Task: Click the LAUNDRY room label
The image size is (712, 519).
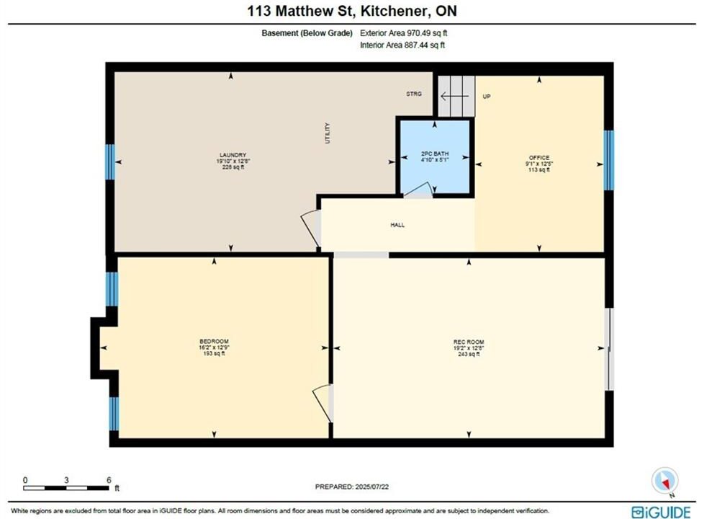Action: click(x=233, y=155)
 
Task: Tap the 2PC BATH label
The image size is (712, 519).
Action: click(x=435, y=154)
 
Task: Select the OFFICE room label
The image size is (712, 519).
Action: click(x=539, y=158)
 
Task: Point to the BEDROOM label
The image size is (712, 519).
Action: click(x=214, y=341)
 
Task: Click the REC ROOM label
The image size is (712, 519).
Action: click(x=469, y=342)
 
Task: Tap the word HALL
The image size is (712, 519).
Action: click(x=397, y=225)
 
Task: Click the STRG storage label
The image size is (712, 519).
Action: click(x=414, y=94)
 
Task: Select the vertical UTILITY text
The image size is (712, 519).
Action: click(x=328, y=133)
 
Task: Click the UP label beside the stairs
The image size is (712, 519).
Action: click(x=487, y=97)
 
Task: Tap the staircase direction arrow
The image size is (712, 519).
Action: click(x=454, y=96)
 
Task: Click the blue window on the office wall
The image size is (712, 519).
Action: click(x=608, y=160)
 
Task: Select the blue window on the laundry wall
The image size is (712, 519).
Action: click(x=110, y=161)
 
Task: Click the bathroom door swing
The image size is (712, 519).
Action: click(x=418, y=190)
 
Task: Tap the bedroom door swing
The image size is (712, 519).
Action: click(x=323, y=403)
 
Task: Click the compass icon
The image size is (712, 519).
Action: click(x=665, y=482)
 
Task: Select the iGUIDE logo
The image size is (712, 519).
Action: click(x=661, y=513)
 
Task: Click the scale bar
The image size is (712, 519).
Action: click(x=66, y=488)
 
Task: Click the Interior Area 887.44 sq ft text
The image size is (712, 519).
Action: click(x=402, y=45)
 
